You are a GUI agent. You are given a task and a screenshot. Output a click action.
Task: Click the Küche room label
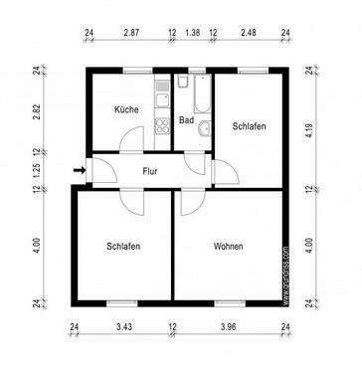pos(126,111)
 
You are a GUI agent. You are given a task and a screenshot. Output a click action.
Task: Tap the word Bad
pos(186,120)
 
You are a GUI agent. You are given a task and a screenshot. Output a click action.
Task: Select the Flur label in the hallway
pos(150,171)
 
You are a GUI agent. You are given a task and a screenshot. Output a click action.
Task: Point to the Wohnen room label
pos(228,246)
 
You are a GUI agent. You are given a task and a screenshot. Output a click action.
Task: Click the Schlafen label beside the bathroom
pos(249,126)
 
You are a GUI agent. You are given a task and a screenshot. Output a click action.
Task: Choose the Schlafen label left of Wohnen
pos(123,246)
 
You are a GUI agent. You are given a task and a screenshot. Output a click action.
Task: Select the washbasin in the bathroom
pos(205,127)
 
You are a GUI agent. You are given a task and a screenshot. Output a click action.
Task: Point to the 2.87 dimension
pos(131,33)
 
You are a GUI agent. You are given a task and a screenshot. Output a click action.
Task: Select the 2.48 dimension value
pos(249,33)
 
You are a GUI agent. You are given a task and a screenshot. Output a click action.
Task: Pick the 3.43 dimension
pos(124,326)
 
